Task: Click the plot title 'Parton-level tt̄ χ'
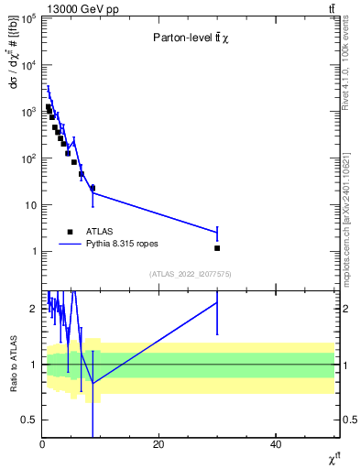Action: tap(191, 38)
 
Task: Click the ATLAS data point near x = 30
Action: tap(217, 248)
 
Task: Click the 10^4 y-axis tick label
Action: tap(28, 65)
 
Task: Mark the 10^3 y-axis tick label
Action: tap(28, 112)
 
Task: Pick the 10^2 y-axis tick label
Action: tap(28, 158)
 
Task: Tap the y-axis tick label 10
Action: tap(30, 205)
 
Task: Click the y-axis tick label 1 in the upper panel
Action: tap(34, 251)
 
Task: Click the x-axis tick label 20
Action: tap(158, 444)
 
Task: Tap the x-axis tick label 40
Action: tap(276, 444)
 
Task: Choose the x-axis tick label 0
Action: tap(42, 444)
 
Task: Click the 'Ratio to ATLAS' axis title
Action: tap(12, 364)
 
